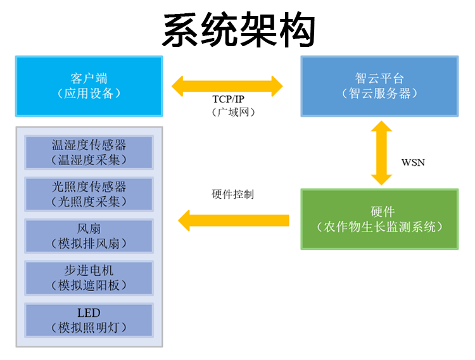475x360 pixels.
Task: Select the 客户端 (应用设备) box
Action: [89, 86]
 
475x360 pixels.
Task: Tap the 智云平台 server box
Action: [379, 86]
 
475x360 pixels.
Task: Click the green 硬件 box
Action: [379, 220]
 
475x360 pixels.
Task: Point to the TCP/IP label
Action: [228, 99]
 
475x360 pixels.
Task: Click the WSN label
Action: [413, 163]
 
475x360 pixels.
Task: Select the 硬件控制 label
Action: [232, 194]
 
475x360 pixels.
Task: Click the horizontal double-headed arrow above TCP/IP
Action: [227, 86]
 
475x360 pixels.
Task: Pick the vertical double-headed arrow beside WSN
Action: [382, 153]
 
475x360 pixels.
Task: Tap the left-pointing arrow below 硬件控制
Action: [234, 221]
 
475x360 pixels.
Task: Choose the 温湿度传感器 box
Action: [89, 152]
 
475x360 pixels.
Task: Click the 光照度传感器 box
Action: [89, 194]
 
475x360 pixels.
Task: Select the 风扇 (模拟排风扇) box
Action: [89, 236]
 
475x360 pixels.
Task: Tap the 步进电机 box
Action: [89, 278]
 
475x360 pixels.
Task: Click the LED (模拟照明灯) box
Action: [89, 320]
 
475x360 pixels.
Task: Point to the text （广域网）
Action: [233, 112]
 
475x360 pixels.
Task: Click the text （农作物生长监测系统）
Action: [379, 227]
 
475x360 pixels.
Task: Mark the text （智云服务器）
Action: [379, 94]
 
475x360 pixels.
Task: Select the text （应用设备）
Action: [89, 94]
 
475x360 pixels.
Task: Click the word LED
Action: [89, 313]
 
